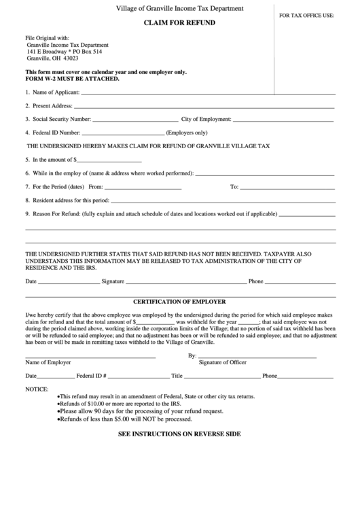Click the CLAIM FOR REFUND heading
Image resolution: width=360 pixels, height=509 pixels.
pos(179,22)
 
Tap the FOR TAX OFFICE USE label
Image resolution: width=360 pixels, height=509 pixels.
pos(306,14)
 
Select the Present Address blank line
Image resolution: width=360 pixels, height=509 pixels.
pos(204,107)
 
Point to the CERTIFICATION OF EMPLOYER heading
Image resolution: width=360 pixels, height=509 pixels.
pos(179,301)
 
